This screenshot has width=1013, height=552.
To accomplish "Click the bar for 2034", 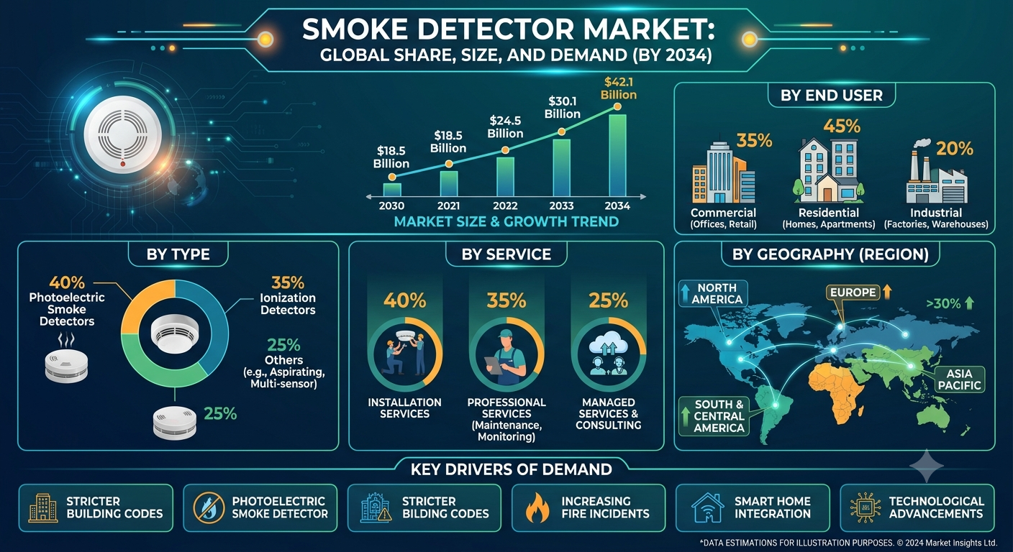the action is pos(617,155).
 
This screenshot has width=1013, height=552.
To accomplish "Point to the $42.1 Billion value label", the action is pos(618,88).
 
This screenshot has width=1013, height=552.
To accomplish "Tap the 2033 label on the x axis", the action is pos(561,206).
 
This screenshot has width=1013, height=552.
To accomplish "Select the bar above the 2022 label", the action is pos(505,177).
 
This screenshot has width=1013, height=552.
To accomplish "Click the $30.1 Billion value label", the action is pos(562,108).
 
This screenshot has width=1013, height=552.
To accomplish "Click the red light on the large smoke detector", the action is pos(122,164).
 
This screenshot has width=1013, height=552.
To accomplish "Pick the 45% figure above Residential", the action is pos(842,126).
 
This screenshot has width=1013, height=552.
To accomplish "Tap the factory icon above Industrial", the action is pos(937,172).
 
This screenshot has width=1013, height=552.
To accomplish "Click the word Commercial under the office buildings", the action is pos(723,213).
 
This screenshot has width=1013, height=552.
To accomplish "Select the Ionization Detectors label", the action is pos(288,303).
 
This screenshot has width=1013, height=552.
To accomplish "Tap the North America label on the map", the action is pos(717,294).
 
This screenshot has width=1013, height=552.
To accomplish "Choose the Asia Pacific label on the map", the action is pos(959,379).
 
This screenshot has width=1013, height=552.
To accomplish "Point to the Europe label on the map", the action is pos(853,293).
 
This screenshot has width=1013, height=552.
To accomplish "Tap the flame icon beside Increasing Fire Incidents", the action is pos(537,507).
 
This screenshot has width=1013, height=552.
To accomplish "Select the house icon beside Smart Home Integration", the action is pos(708,507).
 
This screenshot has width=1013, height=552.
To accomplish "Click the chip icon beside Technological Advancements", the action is pos(865,507).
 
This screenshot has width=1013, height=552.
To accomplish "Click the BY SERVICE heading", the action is pos(506,254).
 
